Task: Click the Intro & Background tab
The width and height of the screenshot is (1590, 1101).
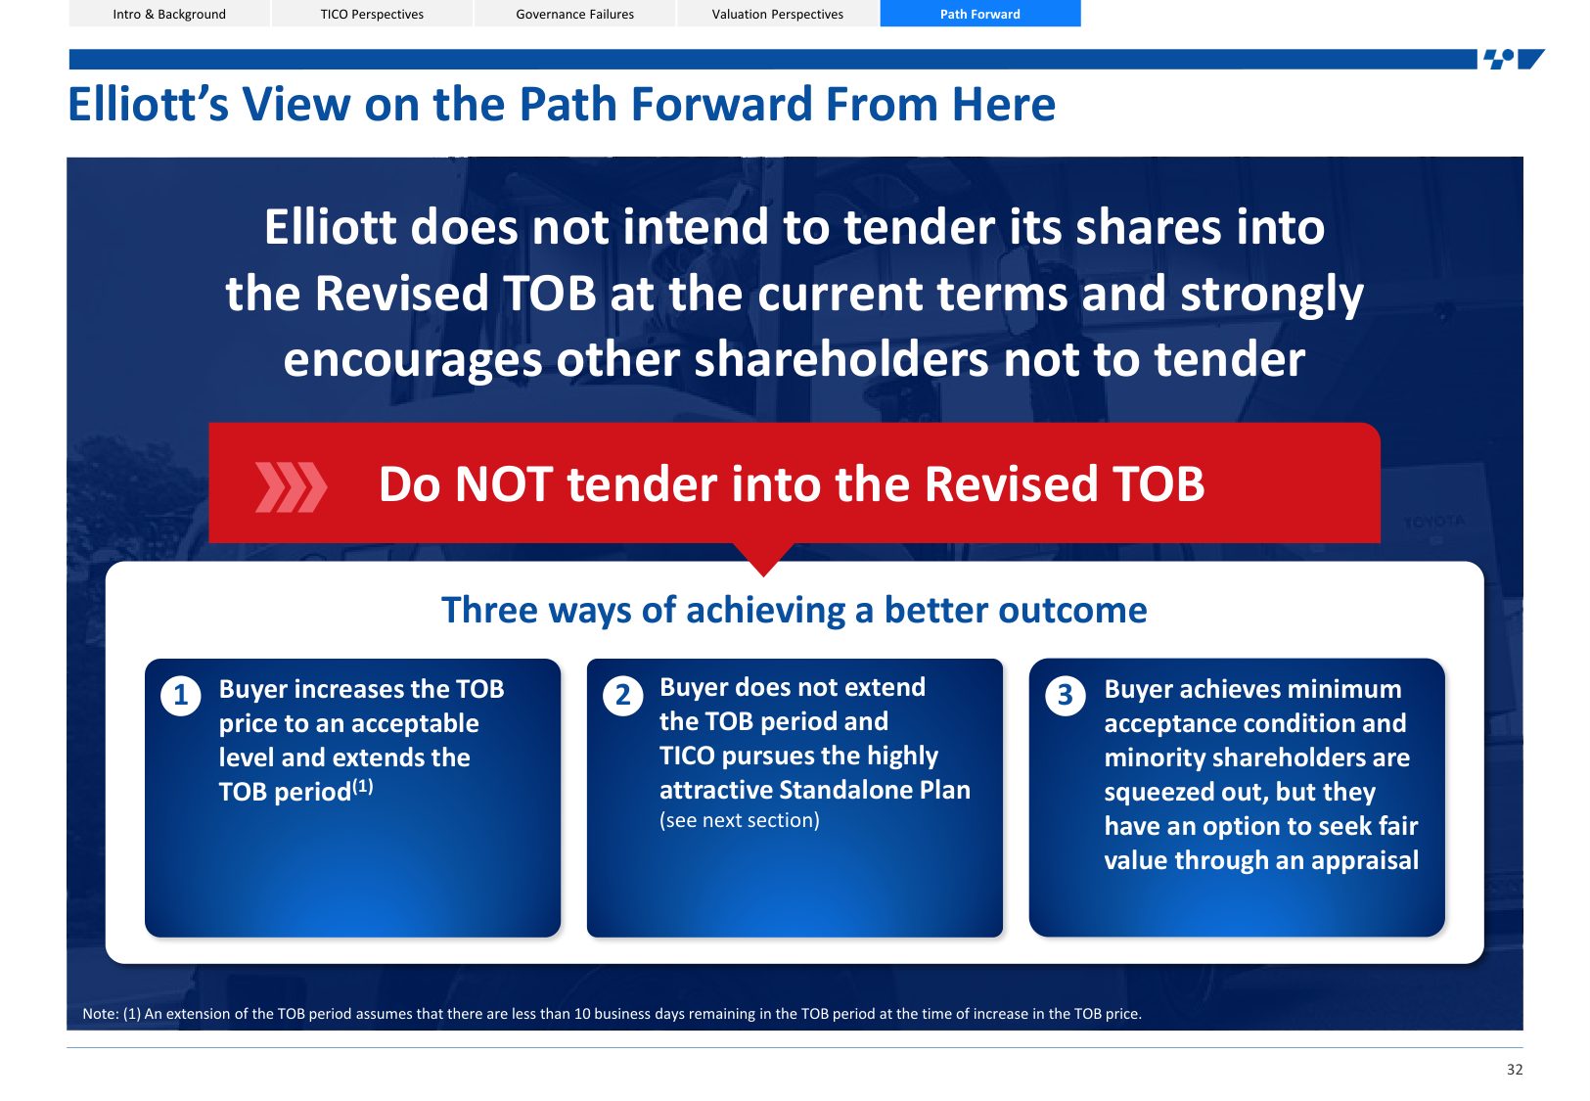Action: (x=169, y=14)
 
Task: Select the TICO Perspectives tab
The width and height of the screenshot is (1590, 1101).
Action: (x=372, y=14)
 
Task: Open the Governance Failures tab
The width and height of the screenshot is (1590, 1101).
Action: (x=575, y=14)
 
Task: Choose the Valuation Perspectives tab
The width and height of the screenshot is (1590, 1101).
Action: (x=777, y=14)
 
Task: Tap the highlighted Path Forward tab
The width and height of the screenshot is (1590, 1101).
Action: (x=980, y=14)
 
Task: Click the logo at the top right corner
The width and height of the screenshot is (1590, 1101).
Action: (x=1514, y=59)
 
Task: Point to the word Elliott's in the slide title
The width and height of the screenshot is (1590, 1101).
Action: (x=148, y=105)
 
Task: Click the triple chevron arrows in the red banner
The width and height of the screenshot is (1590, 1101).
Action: (x=291, y=487)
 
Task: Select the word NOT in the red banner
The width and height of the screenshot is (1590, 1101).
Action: (x=503, y=484)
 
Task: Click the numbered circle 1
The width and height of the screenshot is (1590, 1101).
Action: (x=181, y=696)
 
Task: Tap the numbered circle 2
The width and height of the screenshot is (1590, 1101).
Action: (x=623, y=696)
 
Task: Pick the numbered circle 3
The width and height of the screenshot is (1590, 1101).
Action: (x=1066, y=696)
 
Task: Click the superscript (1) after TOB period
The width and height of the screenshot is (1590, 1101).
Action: (x=363, y=786)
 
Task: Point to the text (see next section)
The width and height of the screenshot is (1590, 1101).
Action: (x=739, y=820)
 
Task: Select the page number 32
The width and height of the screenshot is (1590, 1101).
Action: (x=1515, y=1069)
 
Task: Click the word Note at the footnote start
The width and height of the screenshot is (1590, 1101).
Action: (x=100, y=1014)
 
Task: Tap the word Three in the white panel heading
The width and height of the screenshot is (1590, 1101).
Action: (x=487, y=610)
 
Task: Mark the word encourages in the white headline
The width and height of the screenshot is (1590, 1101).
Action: (x=412, y=360)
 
